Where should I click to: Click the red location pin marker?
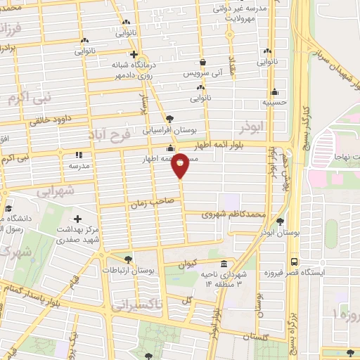(180, 165)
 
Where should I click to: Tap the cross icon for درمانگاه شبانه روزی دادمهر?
(133, 53)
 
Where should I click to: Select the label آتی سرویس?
(202, 74)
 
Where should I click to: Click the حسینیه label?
(274, 102)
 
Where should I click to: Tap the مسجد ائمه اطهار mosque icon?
(170, 148)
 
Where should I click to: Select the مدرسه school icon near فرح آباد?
(78, 155)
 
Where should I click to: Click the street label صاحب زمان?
(147, 203)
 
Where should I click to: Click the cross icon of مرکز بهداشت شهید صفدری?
(77, 219)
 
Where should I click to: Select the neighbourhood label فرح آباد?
(110, 133)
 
